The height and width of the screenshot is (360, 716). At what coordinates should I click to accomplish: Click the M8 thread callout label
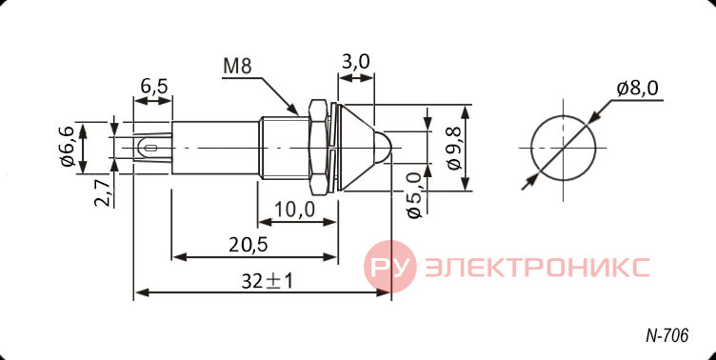point(237,67)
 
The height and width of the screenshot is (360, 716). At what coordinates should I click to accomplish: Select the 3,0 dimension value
point(356,61)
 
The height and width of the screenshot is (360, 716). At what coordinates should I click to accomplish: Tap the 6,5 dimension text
point(154,86)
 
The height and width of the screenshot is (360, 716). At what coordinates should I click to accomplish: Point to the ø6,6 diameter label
point(67,147)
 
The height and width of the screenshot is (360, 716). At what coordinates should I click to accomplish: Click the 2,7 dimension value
point(102,192)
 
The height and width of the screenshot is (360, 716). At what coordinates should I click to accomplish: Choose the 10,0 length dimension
point(295,210)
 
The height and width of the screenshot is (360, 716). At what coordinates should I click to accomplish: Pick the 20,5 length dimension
point(248,246)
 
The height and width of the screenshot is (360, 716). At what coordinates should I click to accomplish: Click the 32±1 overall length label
point(268,282)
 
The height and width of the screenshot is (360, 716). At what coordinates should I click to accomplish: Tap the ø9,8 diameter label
point(455,148)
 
